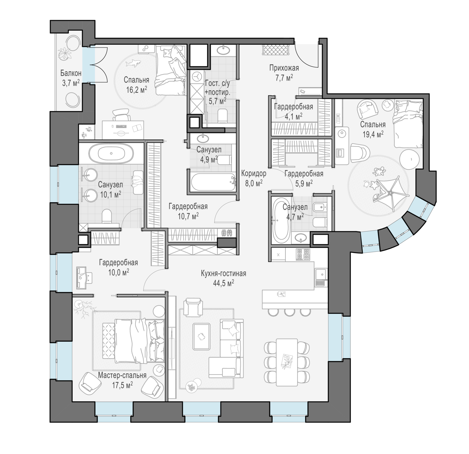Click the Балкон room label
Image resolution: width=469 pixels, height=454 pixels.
(x=71, y=73)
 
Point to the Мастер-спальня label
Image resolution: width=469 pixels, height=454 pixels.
(x=122, y=375)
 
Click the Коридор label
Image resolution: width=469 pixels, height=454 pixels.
(x=254, y=173)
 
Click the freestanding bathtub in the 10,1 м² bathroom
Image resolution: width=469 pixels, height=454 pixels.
(x=111, y=154)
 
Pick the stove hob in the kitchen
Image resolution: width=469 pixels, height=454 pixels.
(x=303, y=254)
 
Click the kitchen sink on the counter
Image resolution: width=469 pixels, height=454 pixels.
(x=320, y=274)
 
